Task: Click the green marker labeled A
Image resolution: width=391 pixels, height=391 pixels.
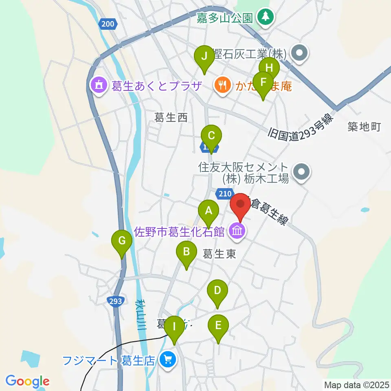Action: pos(209,211)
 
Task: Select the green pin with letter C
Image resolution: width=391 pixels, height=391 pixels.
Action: pos(211,136)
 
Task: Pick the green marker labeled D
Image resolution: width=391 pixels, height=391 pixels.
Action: pos(217,291)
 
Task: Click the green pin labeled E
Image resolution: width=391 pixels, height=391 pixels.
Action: pos(218,325)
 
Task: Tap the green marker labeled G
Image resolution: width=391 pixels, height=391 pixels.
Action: pos(122,241)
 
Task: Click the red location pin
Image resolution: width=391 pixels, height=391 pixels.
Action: pos(240,203)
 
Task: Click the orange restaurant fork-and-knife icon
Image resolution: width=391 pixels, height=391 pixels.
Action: pos(222,85)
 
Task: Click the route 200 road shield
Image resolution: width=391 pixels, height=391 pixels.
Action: pos(108,24)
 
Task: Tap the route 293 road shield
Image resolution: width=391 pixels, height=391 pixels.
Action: pos(115,301)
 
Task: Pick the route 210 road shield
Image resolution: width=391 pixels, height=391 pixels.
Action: pos(224,193)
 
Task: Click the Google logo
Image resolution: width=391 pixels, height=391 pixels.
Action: pos(27,381)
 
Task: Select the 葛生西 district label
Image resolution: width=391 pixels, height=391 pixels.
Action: pos(171,118)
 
